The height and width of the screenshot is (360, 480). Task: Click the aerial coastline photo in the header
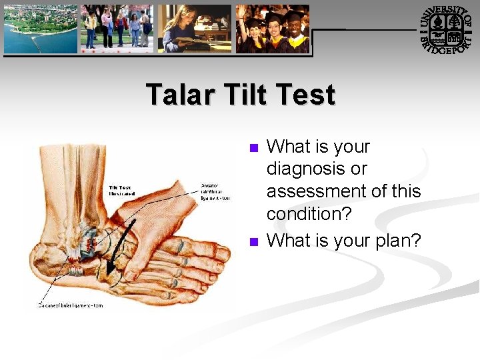coord(41,29)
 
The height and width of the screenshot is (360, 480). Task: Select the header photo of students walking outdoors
coord(117,29)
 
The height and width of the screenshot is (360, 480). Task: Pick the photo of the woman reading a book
coord(194,29)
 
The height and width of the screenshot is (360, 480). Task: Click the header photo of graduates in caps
coord(273,29)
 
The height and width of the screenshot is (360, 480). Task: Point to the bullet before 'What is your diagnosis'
coord(252,147)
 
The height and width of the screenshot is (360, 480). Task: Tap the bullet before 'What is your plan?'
coord(252,241)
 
